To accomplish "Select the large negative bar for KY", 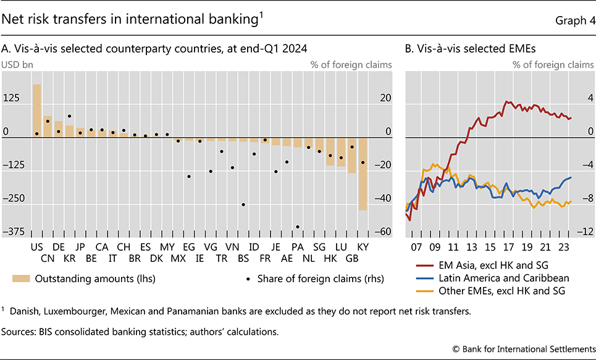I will point(363,174).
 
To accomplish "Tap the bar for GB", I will point(352,156).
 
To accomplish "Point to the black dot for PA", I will point(298,227).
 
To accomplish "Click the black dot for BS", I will point(243,204).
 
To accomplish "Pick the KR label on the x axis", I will point(69,259).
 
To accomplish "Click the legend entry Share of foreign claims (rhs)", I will point(315,279).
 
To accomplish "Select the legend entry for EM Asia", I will point(487,266).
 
